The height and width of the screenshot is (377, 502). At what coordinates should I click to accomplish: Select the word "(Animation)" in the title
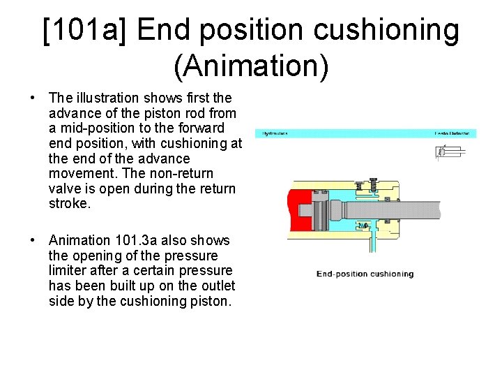[251, 66]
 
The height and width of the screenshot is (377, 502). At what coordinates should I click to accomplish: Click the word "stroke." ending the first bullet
[70, 204]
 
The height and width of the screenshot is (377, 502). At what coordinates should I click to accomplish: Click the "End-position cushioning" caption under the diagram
[365, 274]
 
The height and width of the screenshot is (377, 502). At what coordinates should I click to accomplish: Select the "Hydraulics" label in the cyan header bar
[275, 133]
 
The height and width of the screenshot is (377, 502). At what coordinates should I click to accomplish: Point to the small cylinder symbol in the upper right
[449, 152]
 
